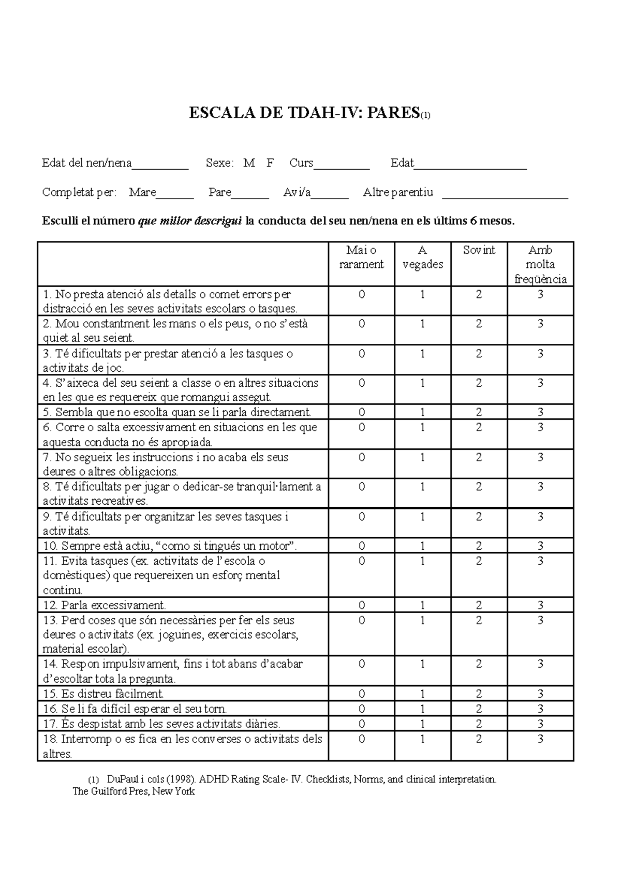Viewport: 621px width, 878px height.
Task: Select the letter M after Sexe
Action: point(249,163)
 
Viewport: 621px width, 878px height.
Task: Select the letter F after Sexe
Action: point(270,163)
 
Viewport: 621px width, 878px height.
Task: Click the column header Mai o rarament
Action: point(361,257)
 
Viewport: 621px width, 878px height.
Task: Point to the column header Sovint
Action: point(479,250)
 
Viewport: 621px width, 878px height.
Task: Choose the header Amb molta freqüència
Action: point(540,264)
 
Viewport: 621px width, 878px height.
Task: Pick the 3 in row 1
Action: point(540,294)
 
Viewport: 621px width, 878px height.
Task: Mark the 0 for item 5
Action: point(361,412)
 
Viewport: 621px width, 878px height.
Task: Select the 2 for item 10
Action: point(479,546)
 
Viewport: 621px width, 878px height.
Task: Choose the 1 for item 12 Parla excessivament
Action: point(422,605)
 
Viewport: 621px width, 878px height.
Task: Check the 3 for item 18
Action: point(540,739)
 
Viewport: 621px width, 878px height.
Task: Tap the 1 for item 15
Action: point(422,694)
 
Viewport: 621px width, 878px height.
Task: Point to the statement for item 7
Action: point(166,464)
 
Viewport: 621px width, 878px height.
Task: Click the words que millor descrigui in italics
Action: point(190,221)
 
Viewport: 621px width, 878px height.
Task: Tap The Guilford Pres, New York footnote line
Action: point(134,791)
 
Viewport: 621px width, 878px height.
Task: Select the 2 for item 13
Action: point(479,620)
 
